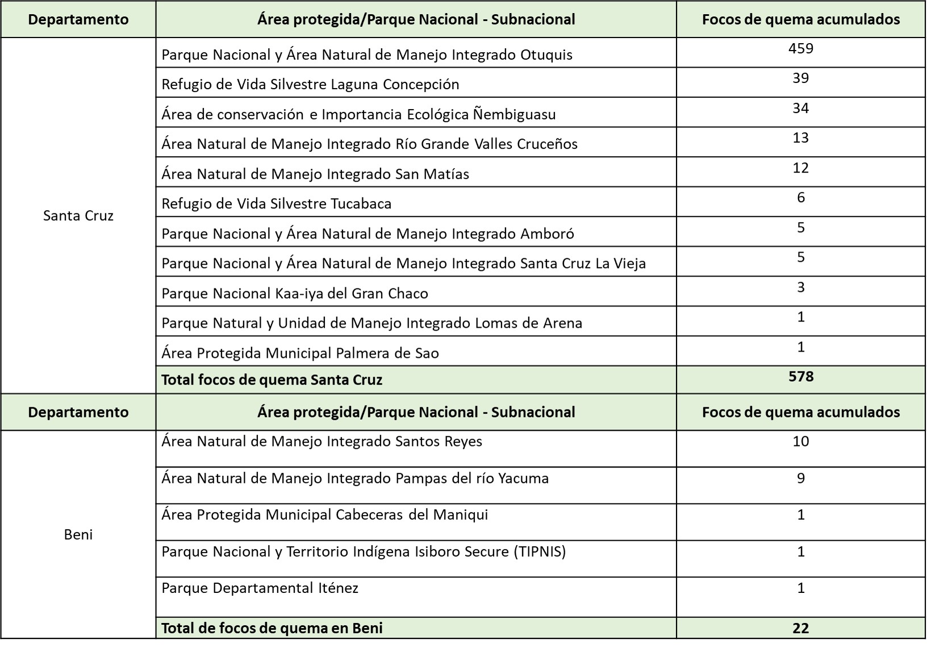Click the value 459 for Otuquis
pos(800,48)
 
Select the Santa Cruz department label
pos(78,216)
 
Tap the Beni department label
pos(78,534)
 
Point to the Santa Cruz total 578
pos(801,377)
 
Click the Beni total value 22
pos(801,628)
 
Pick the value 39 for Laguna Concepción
pos(800,78)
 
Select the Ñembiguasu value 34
pos(800,108)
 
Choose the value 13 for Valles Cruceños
pos(800,137)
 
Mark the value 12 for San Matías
pos(800,168)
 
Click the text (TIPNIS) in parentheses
pos(539,551)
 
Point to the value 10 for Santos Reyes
pos(800,441)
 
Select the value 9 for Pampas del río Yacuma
pos(800,478)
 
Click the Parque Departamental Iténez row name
pos(260,588)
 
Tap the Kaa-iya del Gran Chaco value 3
pos(800,287)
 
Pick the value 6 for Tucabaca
pos(801,197)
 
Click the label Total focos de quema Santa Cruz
pos(272,380)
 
